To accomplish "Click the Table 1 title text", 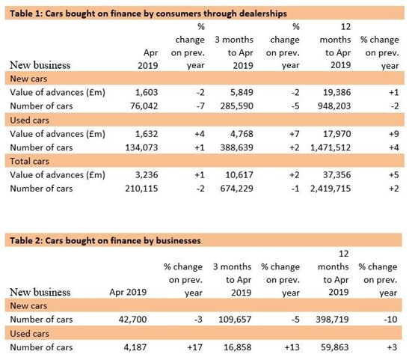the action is (148, 13).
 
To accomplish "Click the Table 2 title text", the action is (105, 240).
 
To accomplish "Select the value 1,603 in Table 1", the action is (147, 92).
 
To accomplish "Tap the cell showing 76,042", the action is (144, 106).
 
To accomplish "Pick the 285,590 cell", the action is (237, 106).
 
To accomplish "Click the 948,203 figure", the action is (334, 106).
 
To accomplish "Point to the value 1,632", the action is (147, 134).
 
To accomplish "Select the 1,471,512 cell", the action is (331, 147).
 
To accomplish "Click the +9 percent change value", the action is (394, 134).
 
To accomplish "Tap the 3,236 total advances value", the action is (147, 175).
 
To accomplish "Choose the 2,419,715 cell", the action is (331, 189).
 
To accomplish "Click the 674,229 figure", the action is (237, 189).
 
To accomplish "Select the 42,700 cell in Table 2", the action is (132, 319).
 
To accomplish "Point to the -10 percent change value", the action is (390, 319).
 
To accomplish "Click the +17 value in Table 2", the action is (195, 347).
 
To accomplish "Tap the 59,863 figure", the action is (335, 347).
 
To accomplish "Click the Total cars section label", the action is (30, 161).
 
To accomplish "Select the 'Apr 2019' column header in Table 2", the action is (128, 292).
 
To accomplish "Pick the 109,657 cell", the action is (235, 319).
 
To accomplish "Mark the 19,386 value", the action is (337, 92).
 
